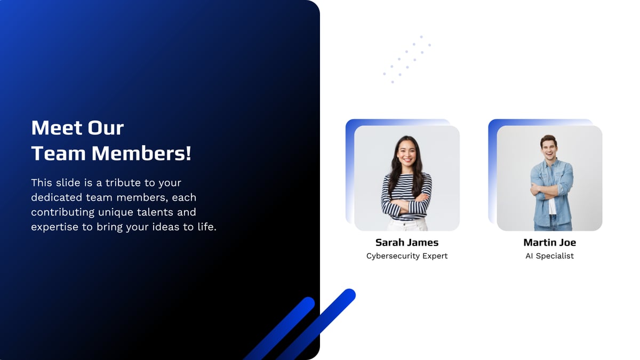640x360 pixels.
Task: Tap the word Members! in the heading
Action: pos(141,154)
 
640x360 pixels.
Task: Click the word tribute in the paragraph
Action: pos(123,182)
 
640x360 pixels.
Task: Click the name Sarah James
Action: pos(407,243)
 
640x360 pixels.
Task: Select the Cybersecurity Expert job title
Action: pos(407,256)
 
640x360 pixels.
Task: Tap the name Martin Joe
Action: pos(549,243)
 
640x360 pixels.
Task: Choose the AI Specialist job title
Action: pos(549,256)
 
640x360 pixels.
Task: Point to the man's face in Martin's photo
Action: pos(549,147)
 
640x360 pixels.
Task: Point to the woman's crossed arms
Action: pos(406,205)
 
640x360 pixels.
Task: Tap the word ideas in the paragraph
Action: pos(176,227)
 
